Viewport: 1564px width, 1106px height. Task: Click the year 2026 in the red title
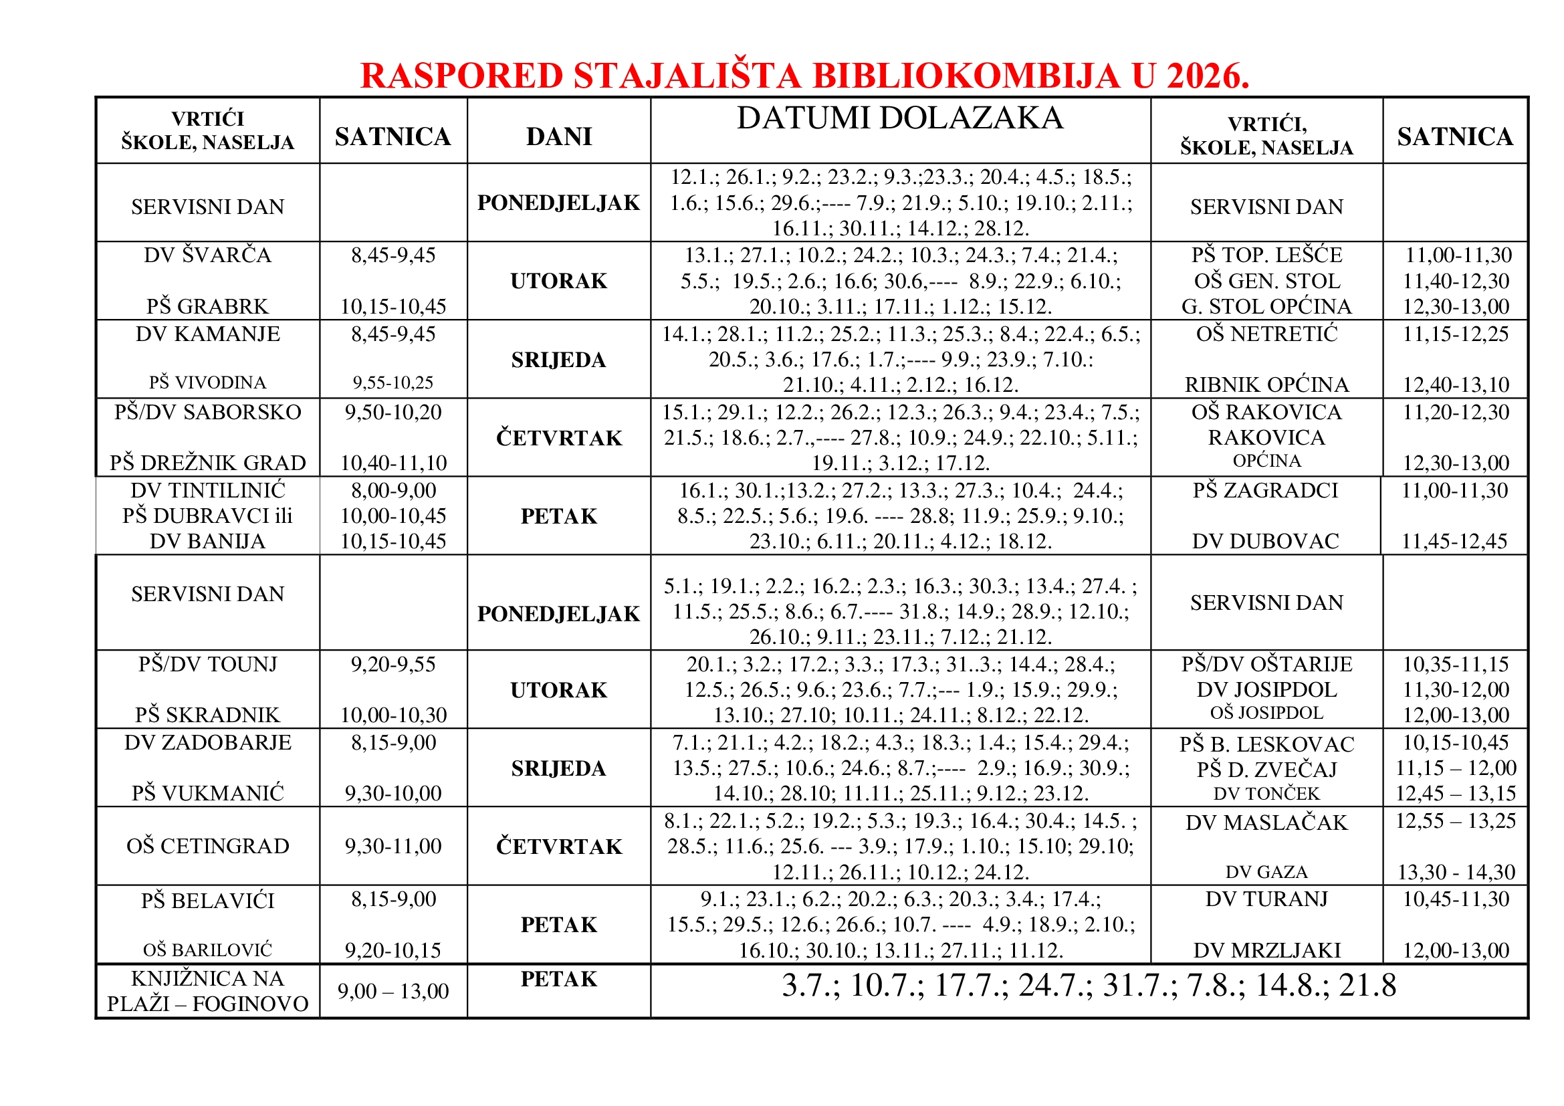(x=1207, y=76)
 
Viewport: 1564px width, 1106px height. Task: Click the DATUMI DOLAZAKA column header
(x=900, y=118)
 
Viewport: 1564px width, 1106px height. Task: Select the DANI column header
(x=558, y=137)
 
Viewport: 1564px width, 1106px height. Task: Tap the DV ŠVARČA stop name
(x=208, y=255)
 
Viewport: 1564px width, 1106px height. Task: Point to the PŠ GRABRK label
(x=208, y=306)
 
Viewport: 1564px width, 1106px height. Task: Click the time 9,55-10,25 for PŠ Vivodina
(x=393, y=382)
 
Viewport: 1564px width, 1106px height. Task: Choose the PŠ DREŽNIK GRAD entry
(x=208, y=463)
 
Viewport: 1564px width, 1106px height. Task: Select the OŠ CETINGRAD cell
(x=208, y=846)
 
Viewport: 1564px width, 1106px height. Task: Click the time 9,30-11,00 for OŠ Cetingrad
(x=393, y=846)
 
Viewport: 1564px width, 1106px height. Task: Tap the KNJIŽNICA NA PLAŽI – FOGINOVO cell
(x=208, y=991)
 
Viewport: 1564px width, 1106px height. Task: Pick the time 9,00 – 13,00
(x=393, y=992)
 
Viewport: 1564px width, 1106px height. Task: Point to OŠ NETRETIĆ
(x=1266, y=334)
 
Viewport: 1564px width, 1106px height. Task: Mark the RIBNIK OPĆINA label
(x=1266, y=384)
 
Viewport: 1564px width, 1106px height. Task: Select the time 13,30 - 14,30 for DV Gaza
(x=1456, y=873)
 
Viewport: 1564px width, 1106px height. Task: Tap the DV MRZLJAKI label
(x=1266, y=950)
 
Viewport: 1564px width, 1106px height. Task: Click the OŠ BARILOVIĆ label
(x=208, y=950)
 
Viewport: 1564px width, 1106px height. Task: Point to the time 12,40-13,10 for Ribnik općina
(x=1456, y=384)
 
